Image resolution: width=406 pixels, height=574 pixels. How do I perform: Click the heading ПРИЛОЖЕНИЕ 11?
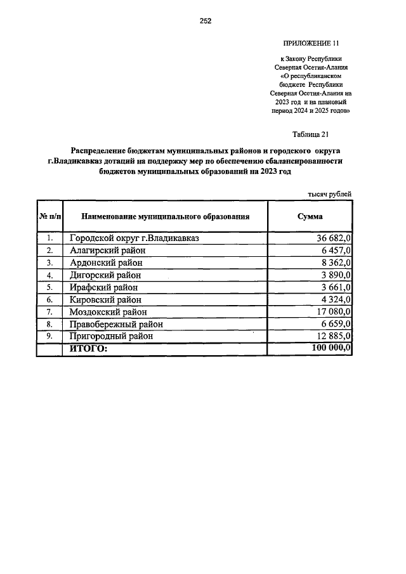pos(311,43)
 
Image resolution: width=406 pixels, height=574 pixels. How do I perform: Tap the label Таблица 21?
pos(310,134)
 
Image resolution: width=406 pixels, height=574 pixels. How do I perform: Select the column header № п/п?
pos(49,216)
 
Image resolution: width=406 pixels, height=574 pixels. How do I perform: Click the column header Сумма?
pos(310,216)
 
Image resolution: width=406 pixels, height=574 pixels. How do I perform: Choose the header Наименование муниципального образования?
pos(165,216)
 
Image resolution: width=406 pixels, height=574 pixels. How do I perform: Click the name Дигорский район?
pos(105,275)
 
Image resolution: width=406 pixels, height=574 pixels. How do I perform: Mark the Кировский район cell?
pos(105,299)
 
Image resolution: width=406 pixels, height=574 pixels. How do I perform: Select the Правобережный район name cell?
pos(117,324)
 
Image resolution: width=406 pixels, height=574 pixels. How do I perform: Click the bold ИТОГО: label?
pos(88,349)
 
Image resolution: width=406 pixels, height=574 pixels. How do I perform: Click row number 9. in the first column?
pos(49,337)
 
